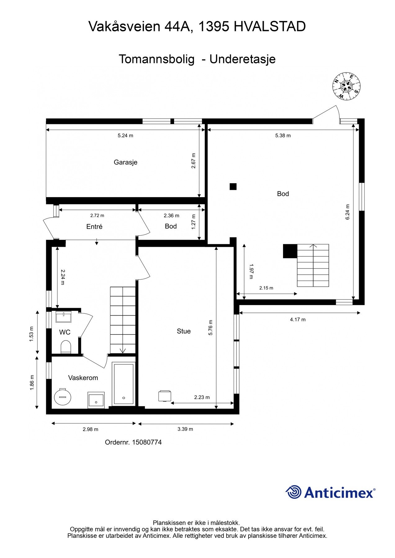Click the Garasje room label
125,162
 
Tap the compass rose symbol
347,86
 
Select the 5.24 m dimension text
125,135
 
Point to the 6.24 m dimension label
348,212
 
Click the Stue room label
184,331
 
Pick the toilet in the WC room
66,347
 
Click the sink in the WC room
63,317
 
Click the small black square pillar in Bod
233,186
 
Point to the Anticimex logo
330,492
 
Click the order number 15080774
147,442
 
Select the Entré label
94,227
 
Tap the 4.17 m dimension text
298,320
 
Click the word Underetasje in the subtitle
243,59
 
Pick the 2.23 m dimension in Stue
202,397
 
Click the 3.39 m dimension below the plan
185,429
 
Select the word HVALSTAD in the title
270,27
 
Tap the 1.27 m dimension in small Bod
194,222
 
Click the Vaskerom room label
83,378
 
